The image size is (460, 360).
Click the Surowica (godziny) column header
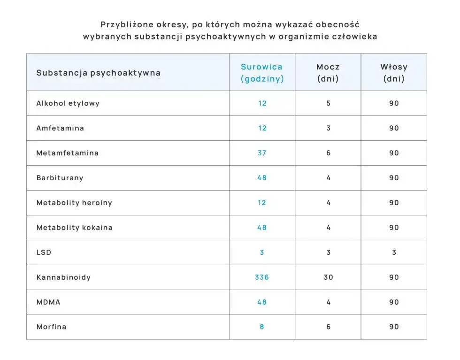pyautogui.click(x=262, y=73)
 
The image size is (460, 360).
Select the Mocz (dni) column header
pyautogui.click(x=328, y=73)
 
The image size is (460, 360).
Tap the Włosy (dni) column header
pyautogui.click(x=394, y=73)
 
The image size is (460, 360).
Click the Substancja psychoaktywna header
pyautogui.click(x=98, y=73)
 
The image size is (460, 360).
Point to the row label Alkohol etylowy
pyautogui.click(x=68, y=103)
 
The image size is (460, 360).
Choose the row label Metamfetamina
pyautogui.click(x=68, y=153)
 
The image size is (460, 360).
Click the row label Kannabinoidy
pyautogui.click(x=63, y=277)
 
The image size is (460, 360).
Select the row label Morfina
pyautogui.click(x=51, y=327)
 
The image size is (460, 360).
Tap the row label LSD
pyautogui.click(x=44, y=253)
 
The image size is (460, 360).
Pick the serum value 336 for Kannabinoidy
pyautogui.click(x=262, y=277)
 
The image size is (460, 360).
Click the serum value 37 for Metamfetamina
pyautogui.click(x=262, y=153)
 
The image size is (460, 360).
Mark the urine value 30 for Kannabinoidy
pyautogui.click(x=328, y=277)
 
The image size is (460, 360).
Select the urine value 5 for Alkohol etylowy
pyautogui.click(x=328, y=103)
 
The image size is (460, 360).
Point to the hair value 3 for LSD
pyautogui.click(x=394, y=253)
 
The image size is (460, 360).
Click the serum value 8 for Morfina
pyautogui.click(x=262, y=327)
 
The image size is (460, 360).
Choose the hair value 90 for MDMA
pyautogui.click(x=394, y=302)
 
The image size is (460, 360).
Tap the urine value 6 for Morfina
pyautogui.click(x=328, y=327)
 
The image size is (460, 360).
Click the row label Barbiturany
pyautogui.click(x=60, y=178)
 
